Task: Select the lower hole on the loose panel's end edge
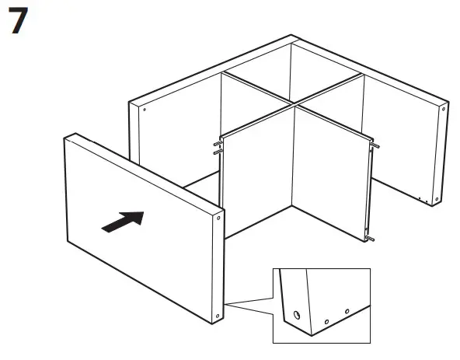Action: (218, 315)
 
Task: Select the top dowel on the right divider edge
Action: (376, 145)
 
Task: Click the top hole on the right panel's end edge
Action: (443, 110)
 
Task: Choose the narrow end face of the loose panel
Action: (219, 268)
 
